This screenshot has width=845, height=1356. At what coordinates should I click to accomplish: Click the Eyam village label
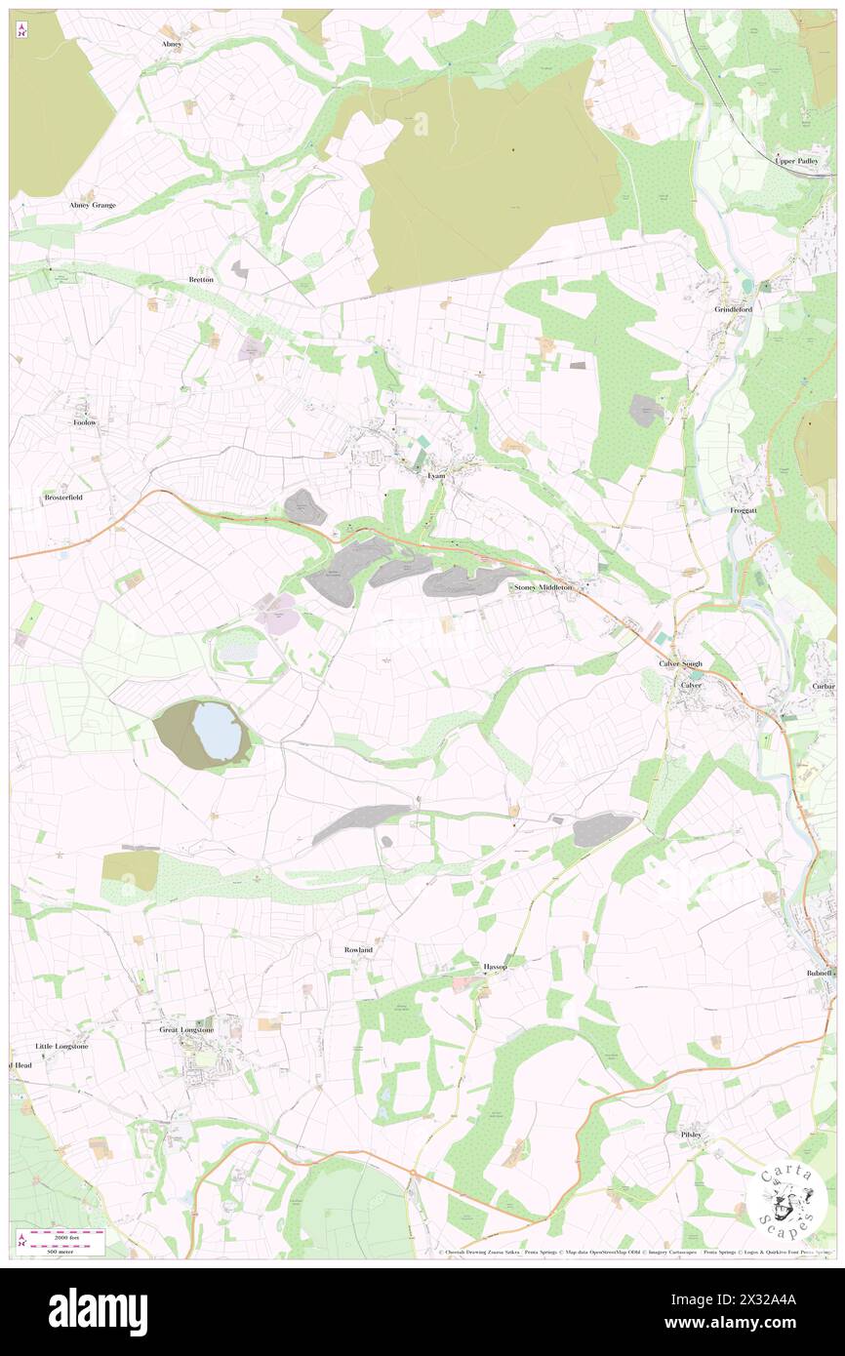tap(436, 475)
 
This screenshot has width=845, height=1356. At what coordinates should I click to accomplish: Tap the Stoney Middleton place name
tap(544, 588)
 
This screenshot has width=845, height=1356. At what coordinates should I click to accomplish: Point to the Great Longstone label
tap(186, 1029)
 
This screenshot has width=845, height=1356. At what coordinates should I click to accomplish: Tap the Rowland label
tap(358, 949)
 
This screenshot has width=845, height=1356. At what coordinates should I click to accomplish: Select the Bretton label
tap(201, 279)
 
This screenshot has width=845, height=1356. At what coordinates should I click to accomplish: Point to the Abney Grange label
tap(93, 205)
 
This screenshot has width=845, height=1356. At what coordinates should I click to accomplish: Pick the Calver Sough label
tap(680, 663)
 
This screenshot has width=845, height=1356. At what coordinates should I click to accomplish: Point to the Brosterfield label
tap(63, 497)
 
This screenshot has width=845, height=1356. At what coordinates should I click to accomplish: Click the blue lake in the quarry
tap(217, 731)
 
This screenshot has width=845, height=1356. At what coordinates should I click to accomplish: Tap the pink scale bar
tap(67, 1235)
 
